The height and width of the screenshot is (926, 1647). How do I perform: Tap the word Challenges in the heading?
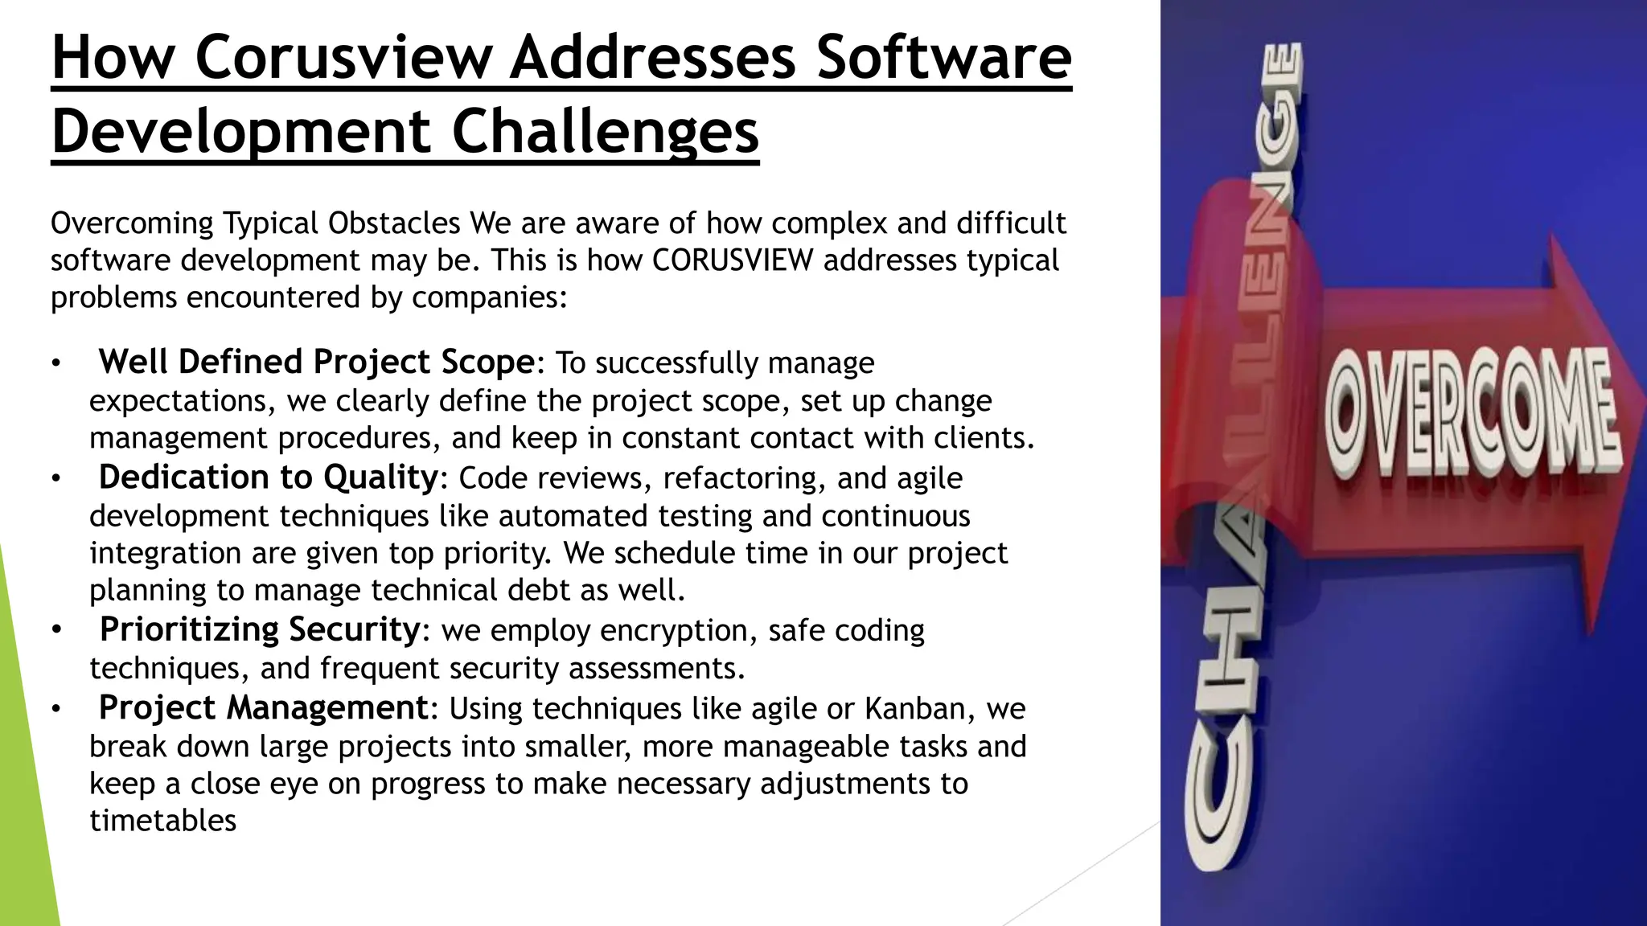pos(605,132)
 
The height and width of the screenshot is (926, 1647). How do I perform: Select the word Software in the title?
pos(944,58)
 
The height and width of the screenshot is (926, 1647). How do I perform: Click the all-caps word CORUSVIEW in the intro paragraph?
pos(733,260)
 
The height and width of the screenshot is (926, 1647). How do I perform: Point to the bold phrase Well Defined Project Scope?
pos(316,362)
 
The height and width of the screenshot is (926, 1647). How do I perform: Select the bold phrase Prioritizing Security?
pos(259,629)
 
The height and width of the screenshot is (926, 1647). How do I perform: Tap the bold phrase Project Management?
pos(263,708)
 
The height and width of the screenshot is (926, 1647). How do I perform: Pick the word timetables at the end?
pos(163,821)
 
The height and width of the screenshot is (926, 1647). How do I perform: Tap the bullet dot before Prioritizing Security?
pos(55,631)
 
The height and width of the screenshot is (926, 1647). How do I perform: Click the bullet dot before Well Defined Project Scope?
pos(55,363)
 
